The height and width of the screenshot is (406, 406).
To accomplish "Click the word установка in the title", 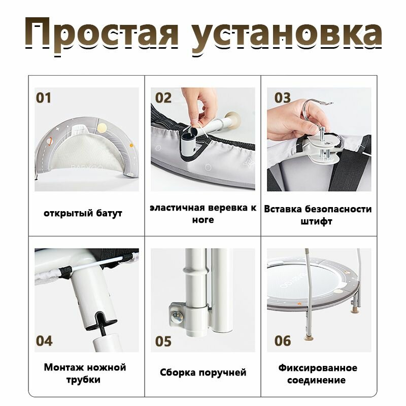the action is tap(286, 36).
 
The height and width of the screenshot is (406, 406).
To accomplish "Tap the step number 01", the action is tap(44, 98).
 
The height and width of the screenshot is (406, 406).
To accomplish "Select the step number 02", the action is tap(163, 98).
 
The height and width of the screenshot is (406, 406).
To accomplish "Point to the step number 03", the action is tap(283, 98).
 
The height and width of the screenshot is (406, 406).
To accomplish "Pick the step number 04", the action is tap(44, 341).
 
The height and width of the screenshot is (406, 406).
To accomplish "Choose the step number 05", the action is tap(163, 341).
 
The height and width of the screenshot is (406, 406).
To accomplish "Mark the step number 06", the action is tap(283, 341).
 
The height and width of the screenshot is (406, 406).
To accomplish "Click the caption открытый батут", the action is tap(83, 213).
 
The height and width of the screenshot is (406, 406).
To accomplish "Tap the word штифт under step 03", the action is tap(316, 222).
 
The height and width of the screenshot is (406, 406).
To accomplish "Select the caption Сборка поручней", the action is tap(203, 373).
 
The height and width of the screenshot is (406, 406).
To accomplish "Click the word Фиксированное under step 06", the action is tap(318, 368).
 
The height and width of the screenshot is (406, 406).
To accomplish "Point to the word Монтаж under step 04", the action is tap(63, 367).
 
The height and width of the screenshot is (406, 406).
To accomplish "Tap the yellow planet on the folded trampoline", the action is tap(102, 127).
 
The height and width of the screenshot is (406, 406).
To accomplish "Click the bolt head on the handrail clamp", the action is tap(177, 315).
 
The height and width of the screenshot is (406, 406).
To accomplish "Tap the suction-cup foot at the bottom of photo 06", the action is tap(309, 338).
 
